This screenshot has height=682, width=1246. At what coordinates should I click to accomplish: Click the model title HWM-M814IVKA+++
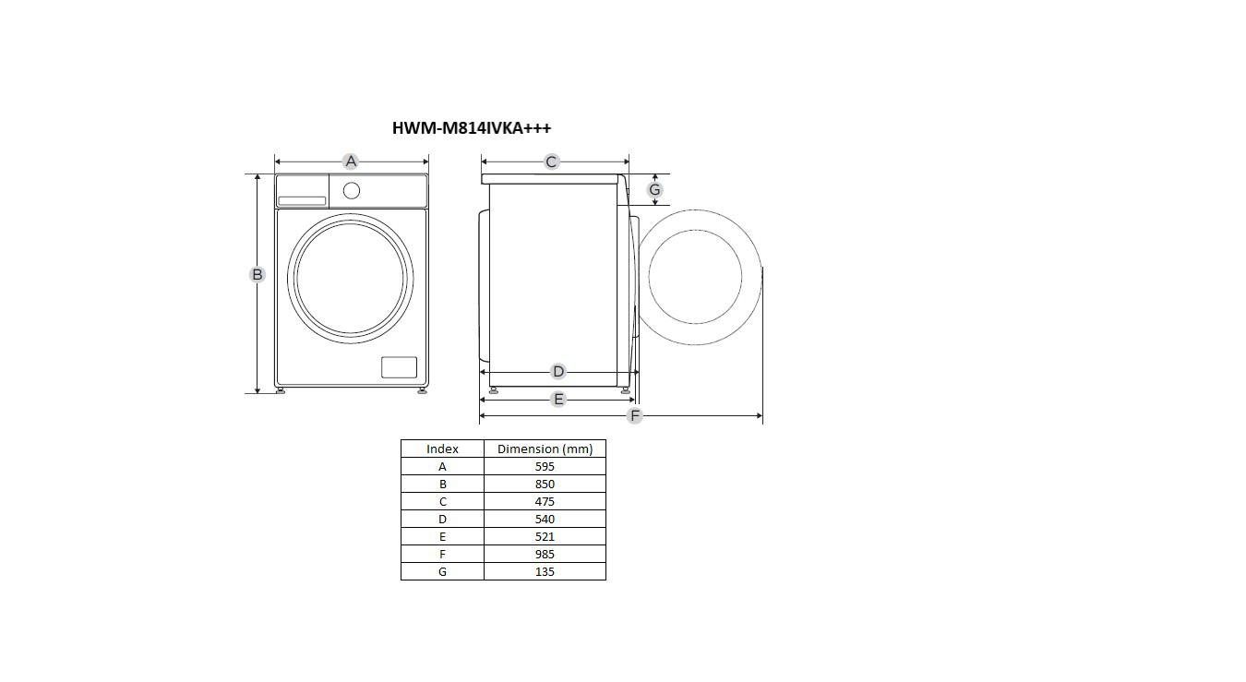coord(472,128)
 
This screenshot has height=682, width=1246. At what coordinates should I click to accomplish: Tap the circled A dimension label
coord(351,162)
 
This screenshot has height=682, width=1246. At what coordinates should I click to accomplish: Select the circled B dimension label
coord(257,274)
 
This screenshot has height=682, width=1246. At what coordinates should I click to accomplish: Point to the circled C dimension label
coord(551,162)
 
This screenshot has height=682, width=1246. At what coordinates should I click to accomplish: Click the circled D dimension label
coord(557,371)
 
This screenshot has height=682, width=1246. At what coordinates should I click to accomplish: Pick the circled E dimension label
coord(557,399)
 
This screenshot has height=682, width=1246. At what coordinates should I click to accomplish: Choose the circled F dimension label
coord(634,415)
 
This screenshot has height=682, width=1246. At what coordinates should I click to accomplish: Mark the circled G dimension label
coord(654,190)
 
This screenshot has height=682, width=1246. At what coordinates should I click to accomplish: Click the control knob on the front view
coord(352,191)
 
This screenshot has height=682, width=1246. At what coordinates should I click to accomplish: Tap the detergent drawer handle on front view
coord(302,201)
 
